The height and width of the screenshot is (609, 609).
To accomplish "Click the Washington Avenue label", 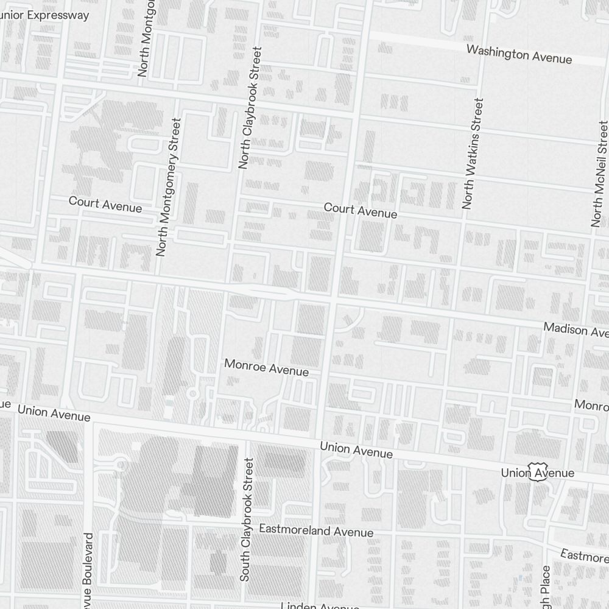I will pyautogui.click(x=519, y=54).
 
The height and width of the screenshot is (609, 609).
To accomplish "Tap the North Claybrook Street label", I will pyautogui.click(x=250, y=108).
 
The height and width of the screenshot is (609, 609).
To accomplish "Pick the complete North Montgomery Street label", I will pyautogui.click(x=169, y=187).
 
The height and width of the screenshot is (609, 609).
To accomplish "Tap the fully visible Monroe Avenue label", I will pyautogui.click(x=266, y=367).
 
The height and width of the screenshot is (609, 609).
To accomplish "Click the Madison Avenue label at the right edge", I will pyautogui.click(x=576, y=330).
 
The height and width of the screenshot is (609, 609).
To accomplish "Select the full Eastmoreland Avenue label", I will pyautogui.click(x=316, y=530).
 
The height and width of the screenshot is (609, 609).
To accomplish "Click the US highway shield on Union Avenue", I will pyautogui.click(x=536, y=471).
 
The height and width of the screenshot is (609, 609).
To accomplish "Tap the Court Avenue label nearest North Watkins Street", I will pyautogui.click(x=361, y=211).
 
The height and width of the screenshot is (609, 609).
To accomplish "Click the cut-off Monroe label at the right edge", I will pyautogui.click(x=591, y=405).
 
